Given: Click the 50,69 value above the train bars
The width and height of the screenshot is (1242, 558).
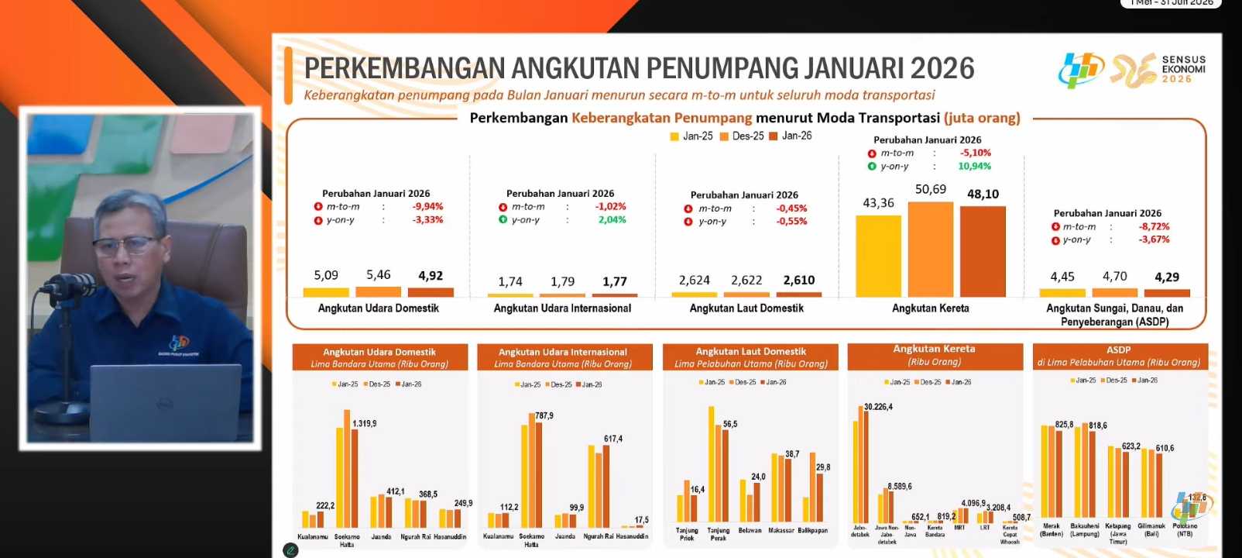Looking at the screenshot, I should pyautogui.click(x=930, y=189).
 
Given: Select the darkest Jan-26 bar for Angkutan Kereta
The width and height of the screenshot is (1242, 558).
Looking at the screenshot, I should pyautogui.click(x=983, y=251).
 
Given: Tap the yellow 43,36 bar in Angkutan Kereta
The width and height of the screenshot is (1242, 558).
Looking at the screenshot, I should pyautogui.click(x=878, y=256).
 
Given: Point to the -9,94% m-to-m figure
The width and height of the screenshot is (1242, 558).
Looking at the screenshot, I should pyautogui.click(x=427, y=207).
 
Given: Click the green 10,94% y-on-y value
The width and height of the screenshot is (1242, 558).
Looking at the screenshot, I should pyautogui.click(x=974, y=167).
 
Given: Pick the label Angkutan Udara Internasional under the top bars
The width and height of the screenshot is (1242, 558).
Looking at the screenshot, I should pyautogui.click(x=562, y=308).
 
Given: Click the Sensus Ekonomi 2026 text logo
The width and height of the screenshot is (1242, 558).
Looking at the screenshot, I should pyautogui.click(x=1183, y=69).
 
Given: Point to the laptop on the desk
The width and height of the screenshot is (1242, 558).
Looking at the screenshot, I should pyautogui.click(x=165, y=403).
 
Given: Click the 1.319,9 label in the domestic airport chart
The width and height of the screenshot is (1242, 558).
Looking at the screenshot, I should pyautogui.click(x=364, y=424).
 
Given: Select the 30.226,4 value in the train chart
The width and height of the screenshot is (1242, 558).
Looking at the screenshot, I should pyautogui.click(x=878, y=407).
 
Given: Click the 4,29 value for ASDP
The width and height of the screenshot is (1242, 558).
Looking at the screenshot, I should pyautogui.click(x=1166, y=277).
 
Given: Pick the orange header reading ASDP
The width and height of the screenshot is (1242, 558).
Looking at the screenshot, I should pyautogui.click(x=1119, y=350).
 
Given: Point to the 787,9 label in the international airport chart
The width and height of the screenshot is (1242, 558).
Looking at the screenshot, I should pyautogui.click(x=544, y=416).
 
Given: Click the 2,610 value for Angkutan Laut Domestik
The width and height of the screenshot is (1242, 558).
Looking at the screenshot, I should pyautogui.click(x=798, y=281).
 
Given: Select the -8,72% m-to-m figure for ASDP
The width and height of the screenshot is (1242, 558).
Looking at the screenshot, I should pyautogui.click(x=1154, y=227).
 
